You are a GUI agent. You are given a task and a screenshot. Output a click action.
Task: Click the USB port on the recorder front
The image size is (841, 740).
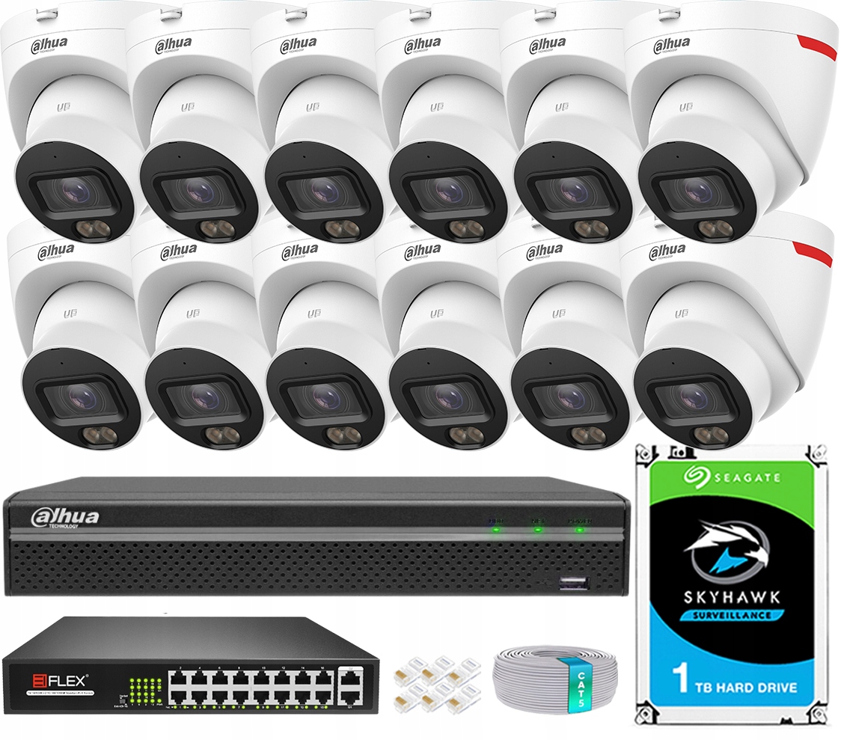coord(572,584)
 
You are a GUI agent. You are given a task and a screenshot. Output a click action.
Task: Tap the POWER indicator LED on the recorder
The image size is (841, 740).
coord(495,530)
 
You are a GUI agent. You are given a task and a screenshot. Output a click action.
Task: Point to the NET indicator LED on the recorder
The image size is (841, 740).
coord(537,530)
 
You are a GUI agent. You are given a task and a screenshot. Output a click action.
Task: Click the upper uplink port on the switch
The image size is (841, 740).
coord(349,676)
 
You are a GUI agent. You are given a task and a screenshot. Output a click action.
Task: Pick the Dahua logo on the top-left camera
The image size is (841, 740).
coord(49,44)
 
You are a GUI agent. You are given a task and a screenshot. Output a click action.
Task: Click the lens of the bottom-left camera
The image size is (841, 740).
coord(79,397)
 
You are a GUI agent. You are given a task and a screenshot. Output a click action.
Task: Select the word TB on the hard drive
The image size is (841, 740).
coord(713,687)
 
